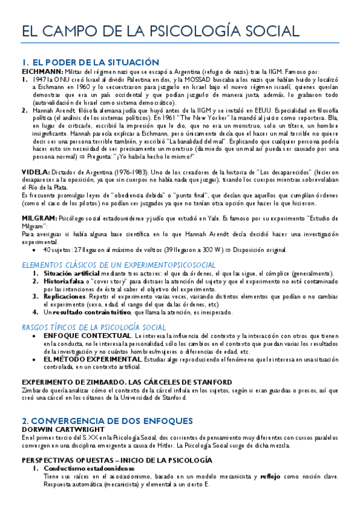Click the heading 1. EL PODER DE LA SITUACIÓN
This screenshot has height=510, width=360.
pyautogui.click(x=90, y=62)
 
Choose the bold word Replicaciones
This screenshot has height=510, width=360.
pyautogui.click(x=64, y=296)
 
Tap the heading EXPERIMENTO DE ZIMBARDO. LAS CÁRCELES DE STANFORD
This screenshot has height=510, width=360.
pyautogui.click(x=126, y=382)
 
